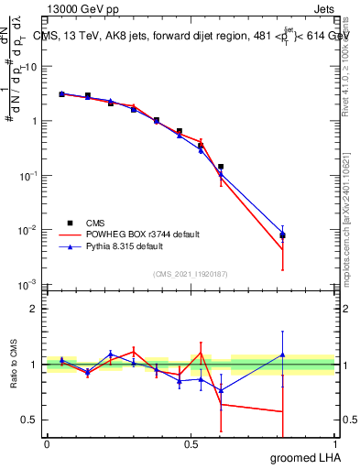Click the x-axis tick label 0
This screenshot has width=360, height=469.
47,444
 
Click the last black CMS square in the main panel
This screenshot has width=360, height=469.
282,236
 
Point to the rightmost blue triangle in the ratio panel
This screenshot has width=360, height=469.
282,354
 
